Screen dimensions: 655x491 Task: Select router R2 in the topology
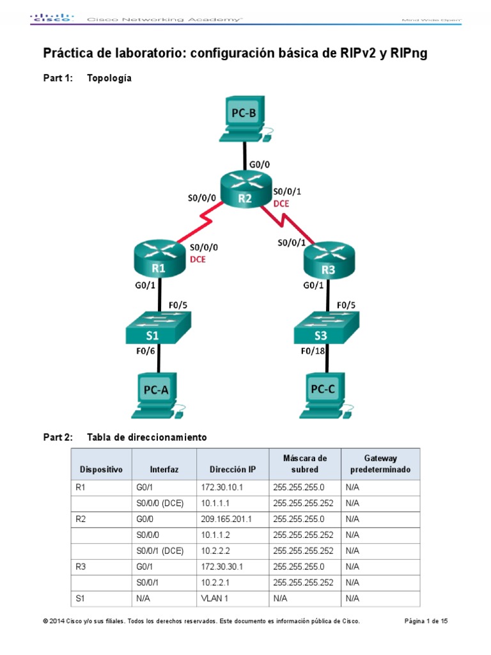245,191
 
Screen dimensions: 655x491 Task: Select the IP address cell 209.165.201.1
225,519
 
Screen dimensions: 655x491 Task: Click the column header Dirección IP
228,470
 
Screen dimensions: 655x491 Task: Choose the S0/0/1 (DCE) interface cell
160,551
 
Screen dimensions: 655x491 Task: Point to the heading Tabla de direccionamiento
146,438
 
